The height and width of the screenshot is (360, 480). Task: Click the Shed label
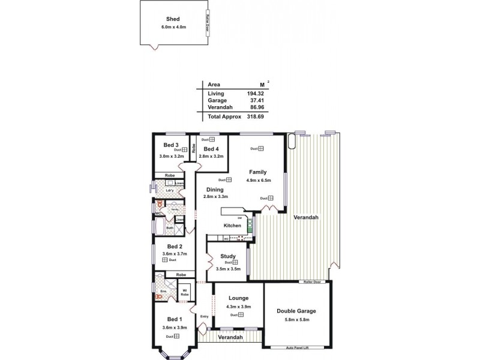pyautogui.click(x=173, y=19)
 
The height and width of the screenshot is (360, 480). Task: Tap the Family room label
pyautogui.click(x=258, y=172)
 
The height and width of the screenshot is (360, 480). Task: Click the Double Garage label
pyautogui.click(x=296, y=311)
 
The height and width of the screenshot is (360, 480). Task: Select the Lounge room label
pyautogui.click(x=238, y=298)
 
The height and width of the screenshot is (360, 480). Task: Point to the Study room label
pyautogui.click(x=227, y=256)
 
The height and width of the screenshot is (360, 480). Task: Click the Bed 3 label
pyautogui.click(x=171, y=145)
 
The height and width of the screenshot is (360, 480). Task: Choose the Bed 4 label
pyautogui.click(x=211, y=149)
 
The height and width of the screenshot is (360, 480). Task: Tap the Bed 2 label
pyautogui.click(x=174, y=246)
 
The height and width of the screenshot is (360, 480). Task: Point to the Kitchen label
pyautogui.click(x=232, y=226)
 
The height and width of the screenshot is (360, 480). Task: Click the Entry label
pyautogui.click(x=204, y=316)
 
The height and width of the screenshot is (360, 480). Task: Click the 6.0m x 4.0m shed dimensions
pyautogui.click(x=173, y=27)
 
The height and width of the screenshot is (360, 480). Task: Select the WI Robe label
pyautogui.click(x=185, y=293)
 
